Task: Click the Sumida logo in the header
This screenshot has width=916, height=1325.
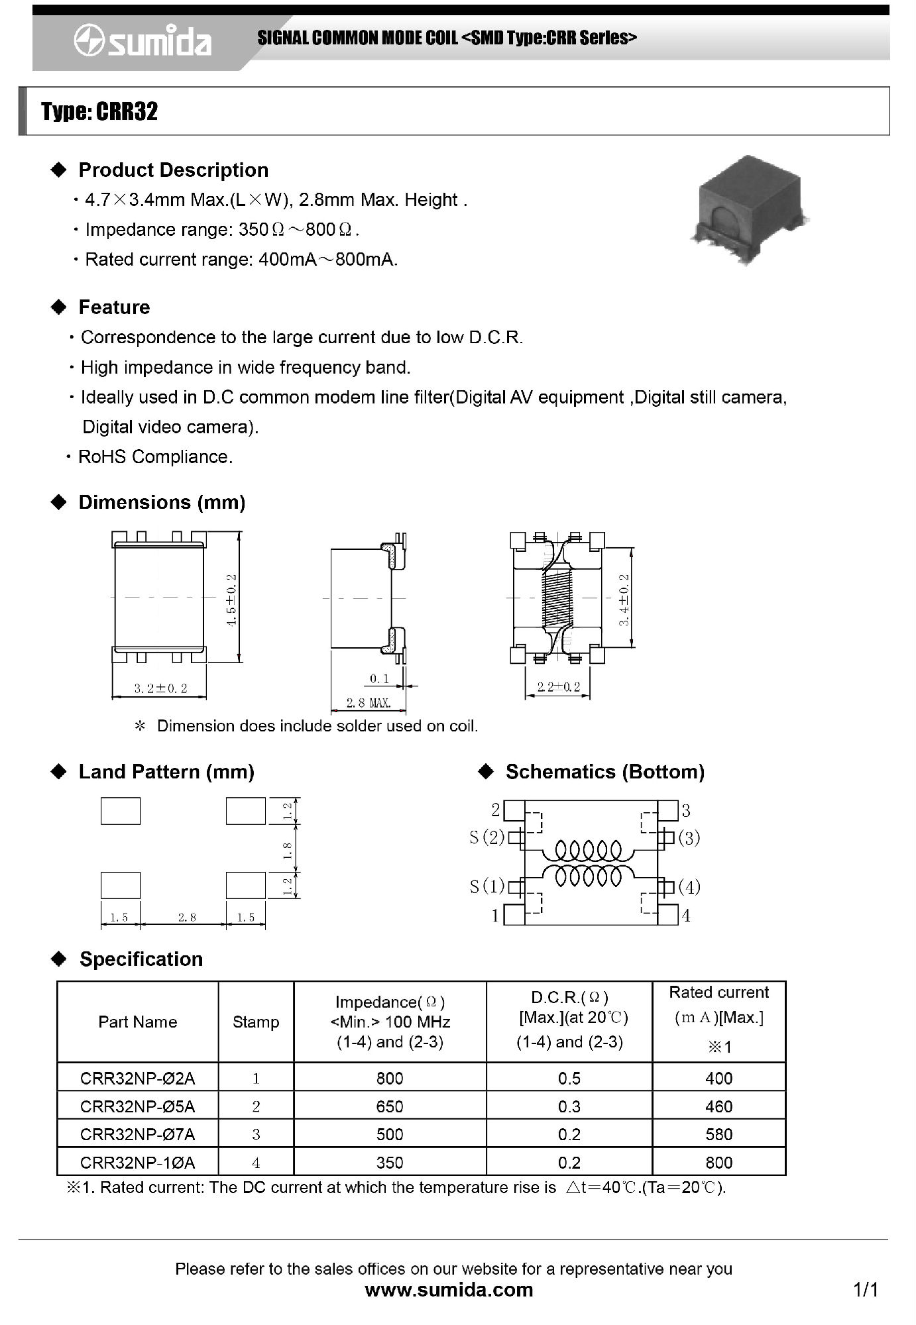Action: pyautogui.click(x=143, y=41)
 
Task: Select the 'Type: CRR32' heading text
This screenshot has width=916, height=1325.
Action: pyautogui.click(x=99, y=111)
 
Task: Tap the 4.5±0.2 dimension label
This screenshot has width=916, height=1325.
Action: pyautogui.click(x=231, y=600)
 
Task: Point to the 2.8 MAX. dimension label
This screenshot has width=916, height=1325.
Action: pyautogui.click(x=369, y=702)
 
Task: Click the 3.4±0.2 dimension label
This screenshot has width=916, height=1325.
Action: pyautogui.click(x=624, y=600)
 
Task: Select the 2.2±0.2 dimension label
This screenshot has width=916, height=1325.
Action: pyautogui.click(x=559, y=687)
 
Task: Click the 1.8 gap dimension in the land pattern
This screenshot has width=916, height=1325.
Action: pyautogui.click(x=288, y=850)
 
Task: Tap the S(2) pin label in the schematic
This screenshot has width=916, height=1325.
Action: pyautogui.click(x=487, y=837)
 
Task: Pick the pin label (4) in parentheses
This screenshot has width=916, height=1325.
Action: pyautogui.click(x=689, y=887)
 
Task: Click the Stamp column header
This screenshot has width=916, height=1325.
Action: pyautogui.click(x=256, y=1022)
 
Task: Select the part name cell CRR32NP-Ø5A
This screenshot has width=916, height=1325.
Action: pyautogui.click(x=138, y=1106)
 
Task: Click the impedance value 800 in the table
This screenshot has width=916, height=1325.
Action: pyautogui.click(x=390, y=1079)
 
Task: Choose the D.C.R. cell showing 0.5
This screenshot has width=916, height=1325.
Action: pyautogui.click(x=569, y=1079)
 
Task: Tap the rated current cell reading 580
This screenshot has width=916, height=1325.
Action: pyautogui.click(x=719, y=1134)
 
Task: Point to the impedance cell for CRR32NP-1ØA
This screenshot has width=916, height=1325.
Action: pyautogui.click(x=390, y=1163)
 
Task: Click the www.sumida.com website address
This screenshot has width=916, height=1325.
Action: pyautogui.click(x=449, y=1289)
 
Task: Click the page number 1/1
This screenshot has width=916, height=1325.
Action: pyautogui.click(x=866, y=1289)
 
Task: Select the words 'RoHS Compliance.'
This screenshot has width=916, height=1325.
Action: pyautogui.click(x=156, y=456)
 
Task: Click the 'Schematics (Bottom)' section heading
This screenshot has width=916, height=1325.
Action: pyautogui.click(x=604, y=772)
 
